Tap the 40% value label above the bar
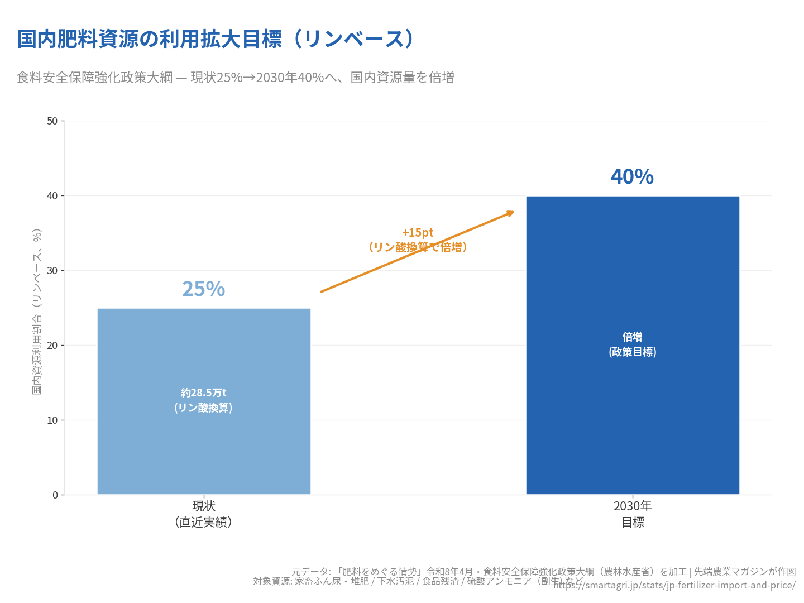tap(632, 177)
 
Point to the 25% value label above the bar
tap(203, 289)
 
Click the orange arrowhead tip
tap(513, 212)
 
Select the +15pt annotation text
tap(418, 233)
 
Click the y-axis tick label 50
tap(52, 121)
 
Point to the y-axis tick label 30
tap(52, 271)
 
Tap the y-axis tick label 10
tap(52, 420)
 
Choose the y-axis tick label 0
tap(55, 495)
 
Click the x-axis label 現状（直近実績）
tap(204, 514)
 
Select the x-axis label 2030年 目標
tap(633, 514)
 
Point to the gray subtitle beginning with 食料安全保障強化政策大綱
tap(235, 78)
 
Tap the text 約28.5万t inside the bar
tap(204, 393)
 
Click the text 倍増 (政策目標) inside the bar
tap(633, 344)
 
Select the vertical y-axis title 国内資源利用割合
tap(37, 312)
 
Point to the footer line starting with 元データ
tap(543, 572)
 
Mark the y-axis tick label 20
tap(52, 346)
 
